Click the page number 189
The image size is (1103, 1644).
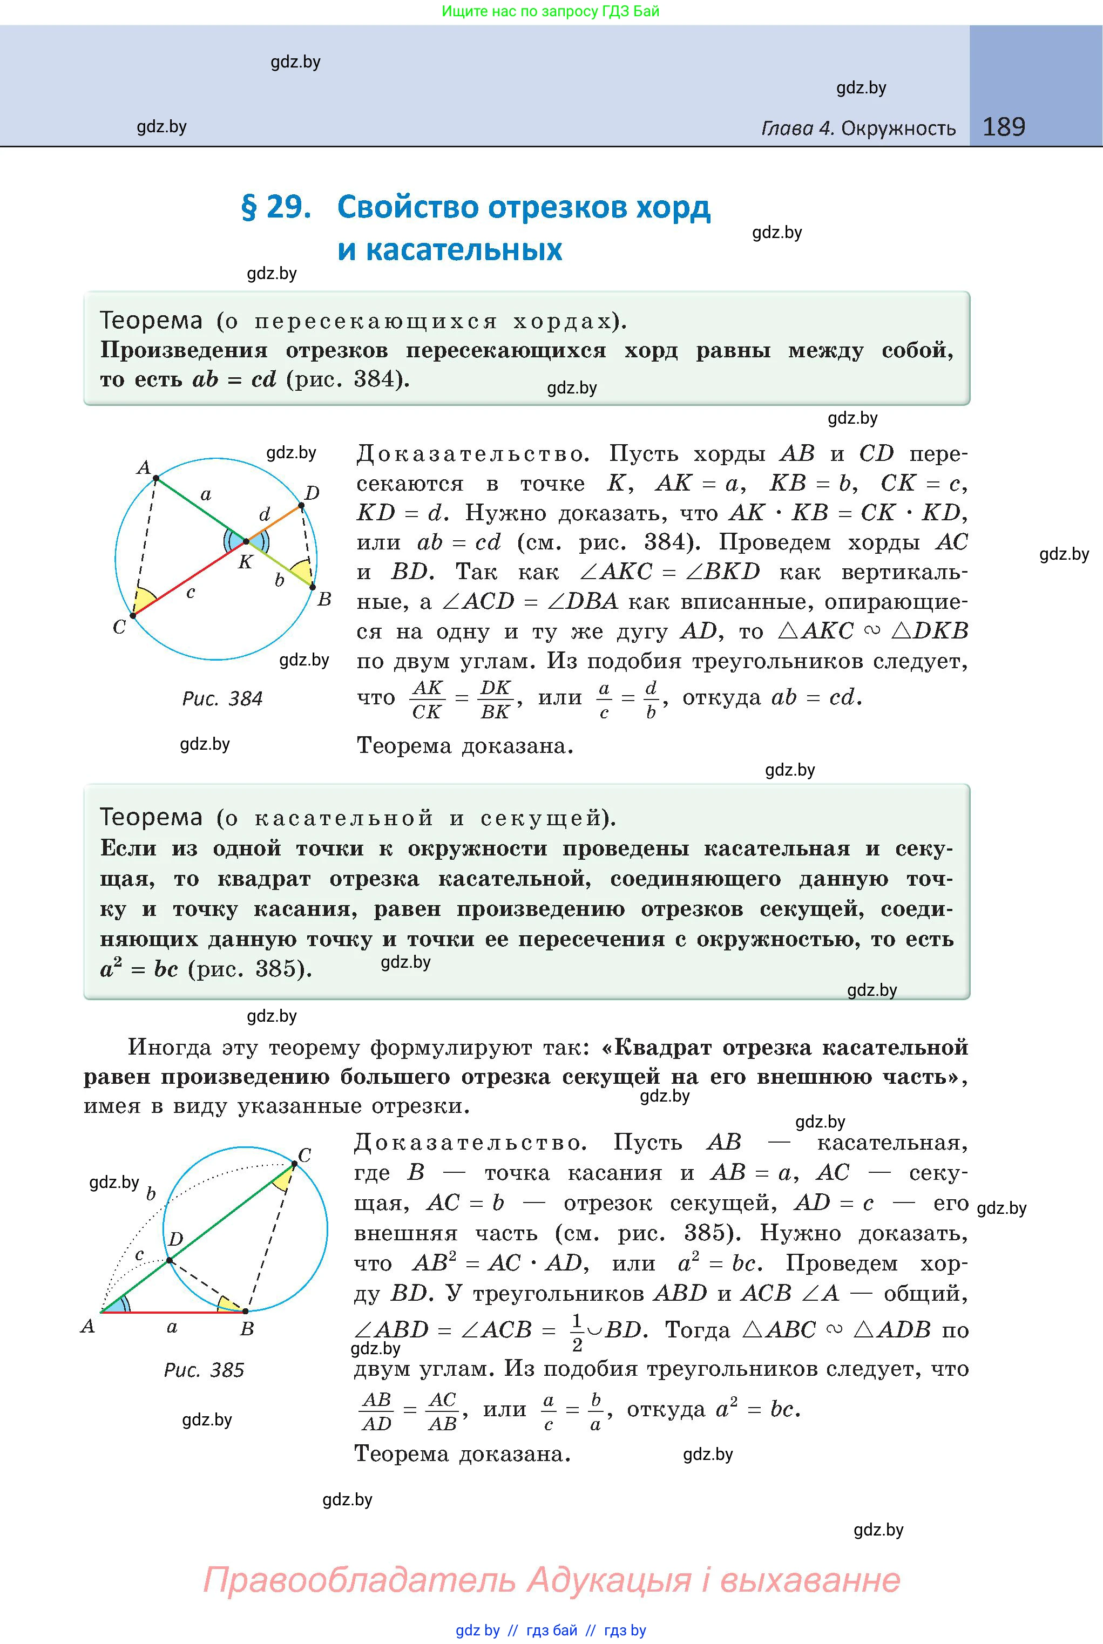pyautogui.click(x=1003, y=127)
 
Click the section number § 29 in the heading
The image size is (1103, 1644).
pyautogui.click(x=276, y=207)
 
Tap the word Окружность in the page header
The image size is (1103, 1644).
pyautogui.click(x=898, y=128)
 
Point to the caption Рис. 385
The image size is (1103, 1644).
pyautogui.click(x=204, y=1370)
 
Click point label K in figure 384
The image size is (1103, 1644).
pyautogui.click(x=245, y=562)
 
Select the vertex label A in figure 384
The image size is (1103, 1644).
pyautogui.click(x=144, y=467)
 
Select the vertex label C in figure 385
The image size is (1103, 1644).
pyautogui.click(x=304, y=1156)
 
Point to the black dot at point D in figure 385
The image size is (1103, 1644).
pyautogui.click(x=170, y=1260)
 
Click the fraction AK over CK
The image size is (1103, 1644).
pyautogui.click(x=427, y=699)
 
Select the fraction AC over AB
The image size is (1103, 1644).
pyautogui.click(x=443, y=1411)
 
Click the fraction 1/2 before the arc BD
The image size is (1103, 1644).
pyautogui.click(x=577, y=1333)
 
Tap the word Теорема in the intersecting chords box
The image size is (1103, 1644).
pyautogui.click(x=151, y=321)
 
